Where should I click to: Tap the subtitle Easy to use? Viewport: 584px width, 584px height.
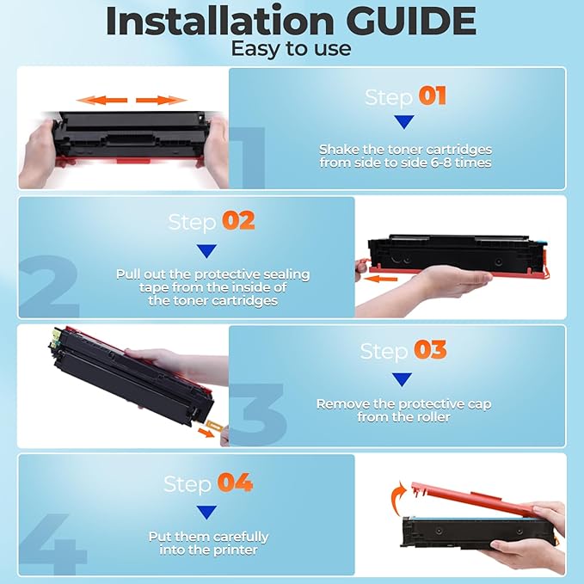[x=291, y=49]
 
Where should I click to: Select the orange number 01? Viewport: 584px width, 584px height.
[x=432, y=95]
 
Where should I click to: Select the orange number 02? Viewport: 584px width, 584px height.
[x=238, y=221]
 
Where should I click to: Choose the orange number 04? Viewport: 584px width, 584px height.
[x=235, y=483]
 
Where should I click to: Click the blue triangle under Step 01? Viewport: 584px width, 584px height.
[x=403, y=122]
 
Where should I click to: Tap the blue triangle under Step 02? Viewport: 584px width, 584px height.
[x=206, y=250]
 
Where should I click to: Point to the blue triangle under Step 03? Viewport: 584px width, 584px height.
[x=402, y=378]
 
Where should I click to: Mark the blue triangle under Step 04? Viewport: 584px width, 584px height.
[x=206, y=513]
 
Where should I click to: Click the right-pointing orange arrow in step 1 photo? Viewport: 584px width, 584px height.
[x=161, y=101]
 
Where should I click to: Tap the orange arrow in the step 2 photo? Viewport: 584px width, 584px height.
[x=378, y=278]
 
